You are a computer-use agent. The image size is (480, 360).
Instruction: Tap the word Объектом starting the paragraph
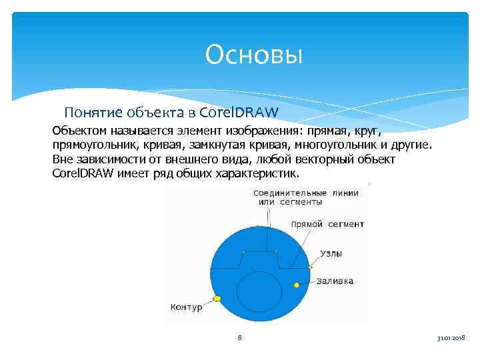coord(78,131)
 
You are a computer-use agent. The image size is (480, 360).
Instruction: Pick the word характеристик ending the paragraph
coord(260,174)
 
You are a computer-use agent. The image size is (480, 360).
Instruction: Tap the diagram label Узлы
coord(332,254)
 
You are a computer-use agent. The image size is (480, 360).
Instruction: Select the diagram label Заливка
coord(335,281)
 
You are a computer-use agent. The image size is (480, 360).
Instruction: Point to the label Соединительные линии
coord(305,193)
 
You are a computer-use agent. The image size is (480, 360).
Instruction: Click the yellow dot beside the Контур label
coord(217,299)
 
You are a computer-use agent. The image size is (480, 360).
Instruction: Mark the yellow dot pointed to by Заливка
coord(297,285)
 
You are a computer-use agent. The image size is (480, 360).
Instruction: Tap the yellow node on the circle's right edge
coord(310,267)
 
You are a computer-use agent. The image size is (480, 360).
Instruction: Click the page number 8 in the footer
coord(239,338)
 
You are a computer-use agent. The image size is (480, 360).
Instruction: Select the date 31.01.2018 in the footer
coord(451,339)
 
